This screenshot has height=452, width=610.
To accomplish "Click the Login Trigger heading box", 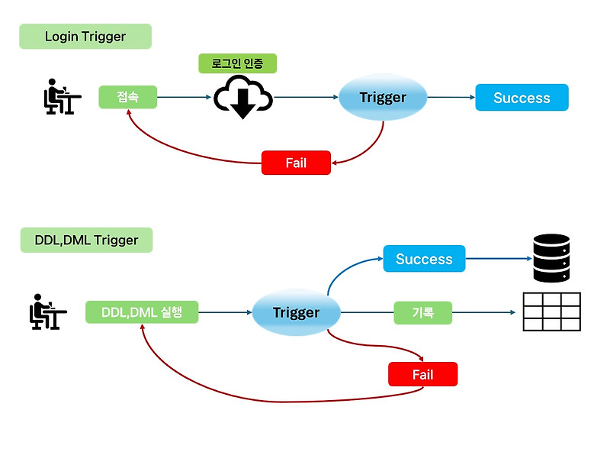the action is [x=85, y=37].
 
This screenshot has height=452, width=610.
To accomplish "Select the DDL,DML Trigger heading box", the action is [x=86, y=240].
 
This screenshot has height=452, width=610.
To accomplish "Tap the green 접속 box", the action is [x=127, y=97].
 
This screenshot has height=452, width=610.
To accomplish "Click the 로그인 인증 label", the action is [x=237, y=63].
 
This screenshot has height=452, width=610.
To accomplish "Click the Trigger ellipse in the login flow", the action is [x=383, y=98].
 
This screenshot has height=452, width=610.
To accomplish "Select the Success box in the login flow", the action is [x=522, y=98].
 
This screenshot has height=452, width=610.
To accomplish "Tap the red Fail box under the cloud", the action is [x=296, y=163].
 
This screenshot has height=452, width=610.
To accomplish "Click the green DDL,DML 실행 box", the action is [x=142, y=312].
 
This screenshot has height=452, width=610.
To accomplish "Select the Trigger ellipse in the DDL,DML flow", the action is [x=296, y=312].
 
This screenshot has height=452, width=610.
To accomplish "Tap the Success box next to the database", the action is [x=424, y=259].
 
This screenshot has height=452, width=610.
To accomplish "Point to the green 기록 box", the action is [x=422, y=312].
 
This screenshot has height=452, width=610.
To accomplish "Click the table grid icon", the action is [x=551, y=312].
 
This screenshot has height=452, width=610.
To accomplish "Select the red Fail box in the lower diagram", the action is [x=422, y=374].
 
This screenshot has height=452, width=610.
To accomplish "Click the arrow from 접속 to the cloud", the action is [x=183, y=98].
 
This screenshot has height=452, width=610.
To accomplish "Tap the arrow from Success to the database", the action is [x=496, y=259].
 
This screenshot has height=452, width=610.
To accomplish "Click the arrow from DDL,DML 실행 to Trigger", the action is [x=225, y=312].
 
